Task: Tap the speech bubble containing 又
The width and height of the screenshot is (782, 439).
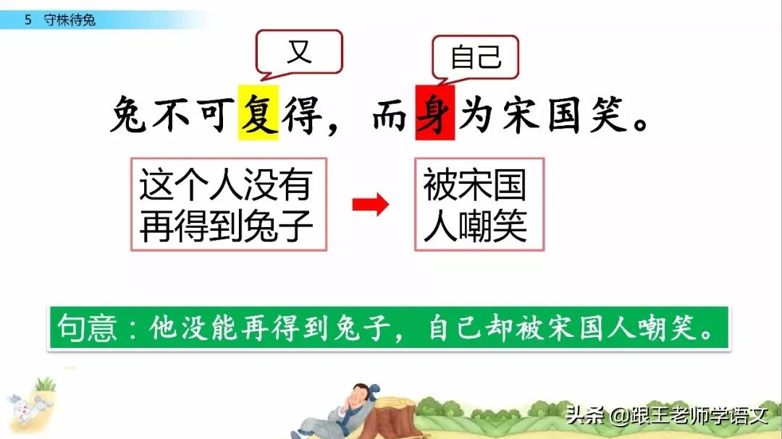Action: coord(298,52)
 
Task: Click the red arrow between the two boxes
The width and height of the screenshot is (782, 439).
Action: coord(370,205)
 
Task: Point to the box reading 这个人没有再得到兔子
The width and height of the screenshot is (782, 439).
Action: coord(228,205)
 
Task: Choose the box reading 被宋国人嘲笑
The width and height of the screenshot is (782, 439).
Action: coord(479,205)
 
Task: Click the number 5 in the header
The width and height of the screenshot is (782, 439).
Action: coord(28,20)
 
